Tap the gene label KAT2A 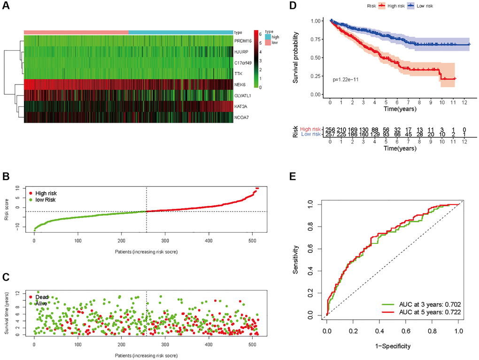(240, 106)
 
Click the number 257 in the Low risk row (331, 134)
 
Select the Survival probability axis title (296, 58)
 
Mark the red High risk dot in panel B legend (31, 193)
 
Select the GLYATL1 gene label (243, 95)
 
